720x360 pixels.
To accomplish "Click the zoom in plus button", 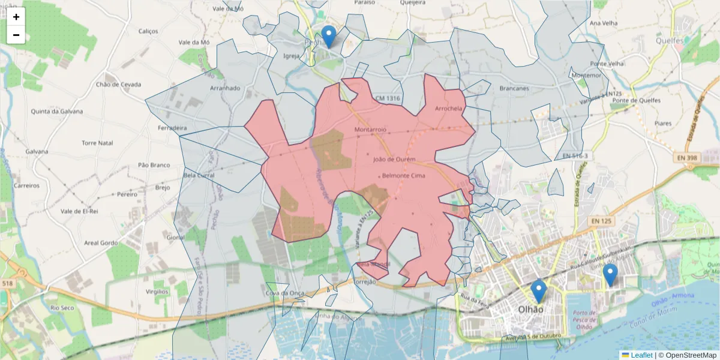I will [x=16, y=17].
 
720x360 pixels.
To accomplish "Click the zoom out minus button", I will [x=16, y=35].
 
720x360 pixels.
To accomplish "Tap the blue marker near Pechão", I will [x=328, y=36].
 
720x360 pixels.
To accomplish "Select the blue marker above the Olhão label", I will [x=539, y=290].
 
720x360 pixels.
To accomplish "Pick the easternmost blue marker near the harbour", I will [x=610, y=274].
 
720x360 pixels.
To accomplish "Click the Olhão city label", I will [x=530, y=310].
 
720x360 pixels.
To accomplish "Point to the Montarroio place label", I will [x=370, y=129].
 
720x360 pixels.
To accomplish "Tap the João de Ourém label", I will [x=394, y=160].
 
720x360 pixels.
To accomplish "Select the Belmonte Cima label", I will [x=403, y=176].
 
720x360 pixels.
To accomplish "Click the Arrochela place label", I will [x=448, y=109].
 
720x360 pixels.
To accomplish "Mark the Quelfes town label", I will [x=670, y=41].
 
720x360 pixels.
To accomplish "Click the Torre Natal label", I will [x=97, y=143].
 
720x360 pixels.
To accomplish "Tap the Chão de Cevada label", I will [x=118, y=85].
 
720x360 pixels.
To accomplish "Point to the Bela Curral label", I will [x=199, y=175].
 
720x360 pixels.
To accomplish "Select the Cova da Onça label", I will [x=285, y=293].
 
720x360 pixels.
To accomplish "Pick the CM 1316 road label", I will [x=387, y=98].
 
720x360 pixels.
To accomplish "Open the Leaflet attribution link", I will [x=641, y=355].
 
